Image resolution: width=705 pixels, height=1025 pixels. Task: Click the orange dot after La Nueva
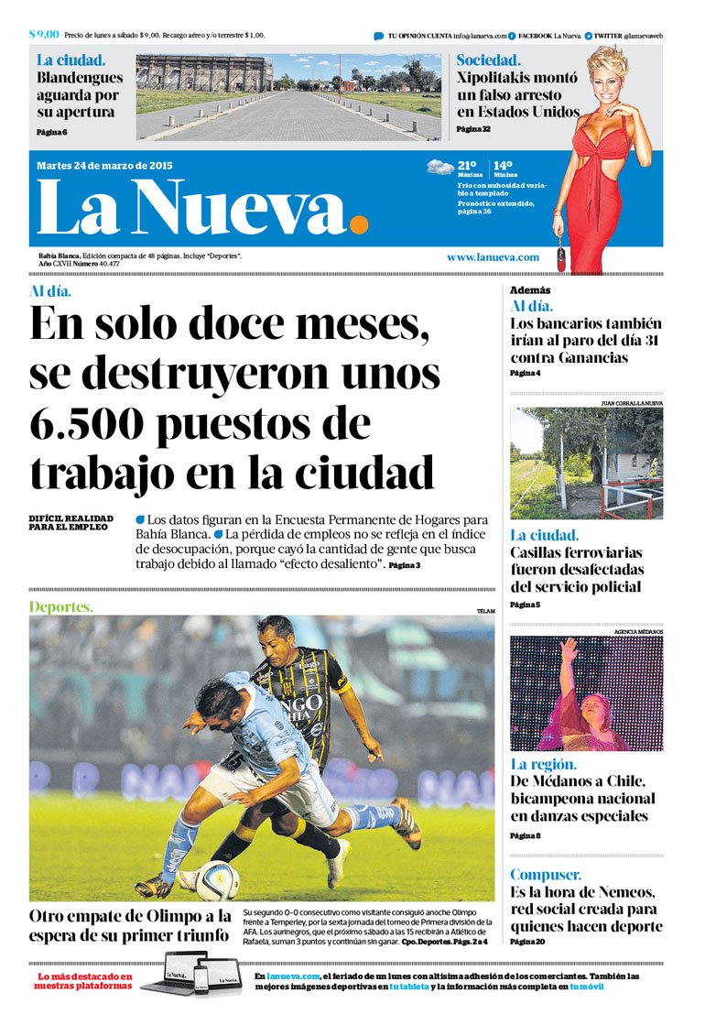pos(359,224)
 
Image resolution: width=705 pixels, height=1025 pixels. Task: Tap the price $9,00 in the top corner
pos(44,34)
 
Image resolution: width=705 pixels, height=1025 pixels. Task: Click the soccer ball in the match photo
pos(217,880)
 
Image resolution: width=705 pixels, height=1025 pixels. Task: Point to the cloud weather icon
pos(440,168)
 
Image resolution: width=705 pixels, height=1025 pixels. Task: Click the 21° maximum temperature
pos(467,165)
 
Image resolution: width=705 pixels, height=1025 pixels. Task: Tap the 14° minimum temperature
pos(503,165)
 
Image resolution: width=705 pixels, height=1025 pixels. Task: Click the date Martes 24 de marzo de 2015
pos(104,166)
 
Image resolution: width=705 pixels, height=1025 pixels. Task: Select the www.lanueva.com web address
pos(493,257)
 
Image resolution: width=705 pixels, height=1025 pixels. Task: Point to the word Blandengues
pos(80,78)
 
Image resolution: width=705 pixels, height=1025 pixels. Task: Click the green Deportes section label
pos(61,606)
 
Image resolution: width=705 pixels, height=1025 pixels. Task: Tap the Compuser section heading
pos(546,875)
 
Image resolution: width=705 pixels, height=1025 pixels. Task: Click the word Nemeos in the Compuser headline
pos(622,892)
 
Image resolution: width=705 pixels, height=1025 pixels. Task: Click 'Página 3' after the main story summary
pos(404,566)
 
